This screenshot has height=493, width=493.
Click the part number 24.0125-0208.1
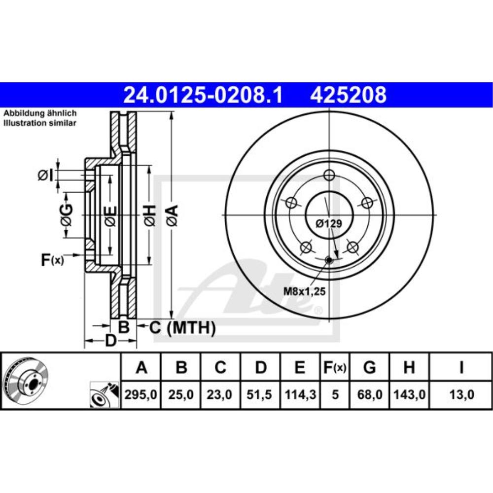(x=203, y=95)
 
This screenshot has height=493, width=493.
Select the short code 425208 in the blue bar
(x=349, y=95)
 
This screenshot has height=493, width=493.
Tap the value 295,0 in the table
(x=141, y=394)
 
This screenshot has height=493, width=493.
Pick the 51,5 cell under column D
(x=259, y=394)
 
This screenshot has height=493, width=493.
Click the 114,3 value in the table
(x=300, y=394)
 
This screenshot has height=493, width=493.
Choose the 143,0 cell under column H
(x=409, y=394)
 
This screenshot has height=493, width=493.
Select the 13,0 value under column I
(x=461, y=394)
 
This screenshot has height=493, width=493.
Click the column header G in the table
(x=369, y=367)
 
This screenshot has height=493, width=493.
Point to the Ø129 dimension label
(x=329, y=223)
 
